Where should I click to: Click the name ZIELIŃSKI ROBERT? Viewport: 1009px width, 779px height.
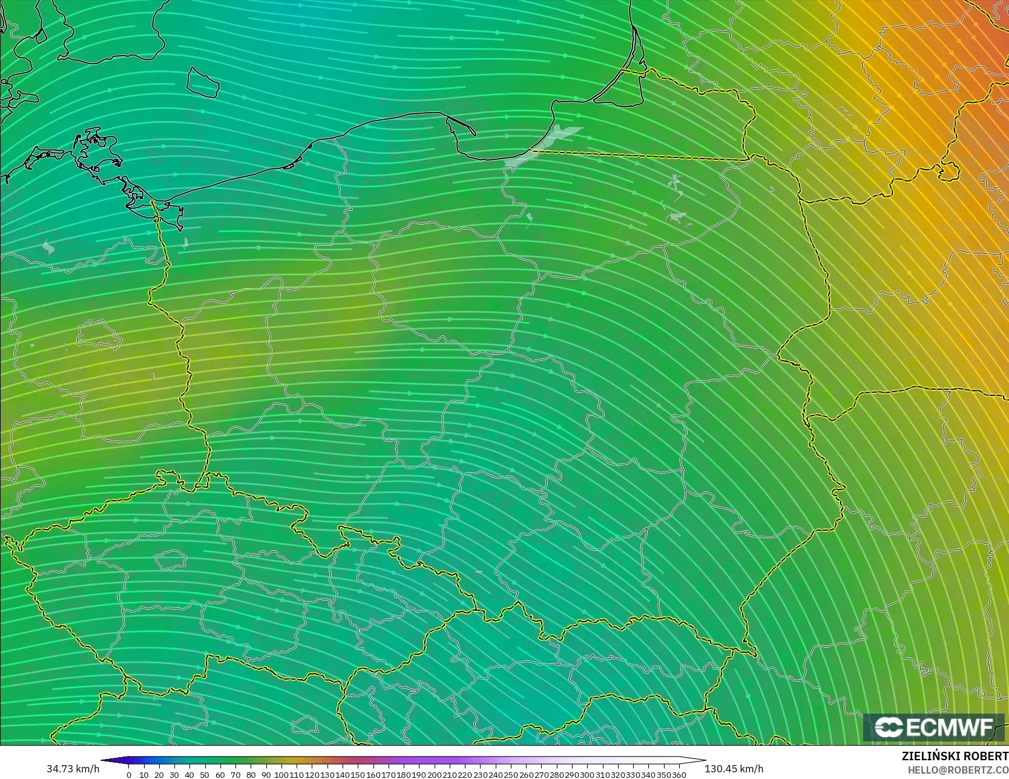(x=955, y=757)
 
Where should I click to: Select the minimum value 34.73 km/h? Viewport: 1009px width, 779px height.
(x=73, y=769)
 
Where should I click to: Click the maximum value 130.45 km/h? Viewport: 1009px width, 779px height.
(x=734, y=769)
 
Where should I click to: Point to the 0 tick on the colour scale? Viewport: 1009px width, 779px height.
(x=128, y=775)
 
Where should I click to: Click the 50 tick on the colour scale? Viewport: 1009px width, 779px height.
(x=205, y=775)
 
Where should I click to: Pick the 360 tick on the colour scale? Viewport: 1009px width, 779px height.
(x=679, y=775)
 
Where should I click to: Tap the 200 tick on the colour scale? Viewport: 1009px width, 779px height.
(x=435, y=775)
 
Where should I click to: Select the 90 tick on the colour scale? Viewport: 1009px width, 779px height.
(x=266, y=775)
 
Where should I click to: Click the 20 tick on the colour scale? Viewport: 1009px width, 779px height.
(x=159, y=775)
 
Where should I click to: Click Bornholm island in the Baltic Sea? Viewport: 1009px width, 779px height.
(x=202, y=82)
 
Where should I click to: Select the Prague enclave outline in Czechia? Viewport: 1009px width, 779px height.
(x=171, y=559)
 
